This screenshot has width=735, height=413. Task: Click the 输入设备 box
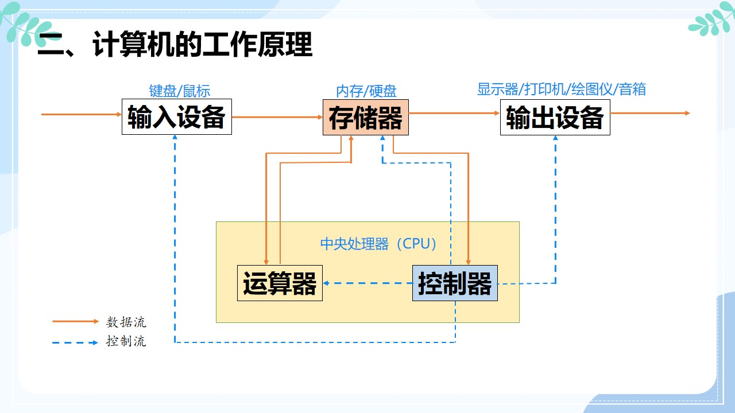tap(176, 117)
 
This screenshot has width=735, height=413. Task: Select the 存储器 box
tap(365, 117)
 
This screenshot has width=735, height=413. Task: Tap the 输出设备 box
tap(555, 117)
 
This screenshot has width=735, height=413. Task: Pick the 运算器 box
tap(280, 283)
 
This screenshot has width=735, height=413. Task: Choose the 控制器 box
tap(455, 283)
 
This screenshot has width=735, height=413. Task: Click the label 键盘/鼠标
tap(180, 91)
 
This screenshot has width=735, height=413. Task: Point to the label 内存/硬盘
tap(366, 91)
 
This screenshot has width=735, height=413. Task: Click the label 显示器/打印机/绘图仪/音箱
tap(562, 89)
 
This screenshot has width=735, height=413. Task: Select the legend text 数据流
tap(126, 322)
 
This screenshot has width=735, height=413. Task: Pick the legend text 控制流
tap(126, 341)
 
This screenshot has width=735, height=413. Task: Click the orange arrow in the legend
tap(75, 322)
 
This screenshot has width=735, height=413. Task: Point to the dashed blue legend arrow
tap(75, 342)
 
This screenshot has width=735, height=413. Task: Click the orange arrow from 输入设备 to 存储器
tap(277, 117)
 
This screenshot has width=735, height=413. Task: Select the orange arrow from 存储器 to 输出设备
tap(454, 113)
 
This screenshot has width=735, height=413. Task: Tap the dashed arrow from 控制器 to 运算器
tap(367, 283)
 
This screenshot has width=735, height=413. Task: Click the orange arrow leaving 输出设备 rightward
tap(649, 113)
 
